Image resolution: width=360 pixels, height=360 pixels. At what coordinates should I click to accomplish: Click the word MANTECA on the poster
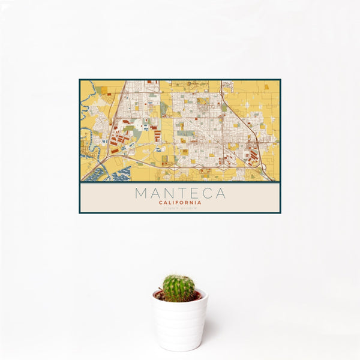tap(180, 193)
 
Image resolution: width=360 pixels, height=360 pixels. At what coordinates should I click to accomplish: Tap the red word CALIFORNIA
tap(180, 203)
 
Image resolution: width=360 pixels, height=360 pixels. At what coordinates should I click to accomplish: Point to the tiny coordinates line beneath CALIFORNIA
tap(180, 208)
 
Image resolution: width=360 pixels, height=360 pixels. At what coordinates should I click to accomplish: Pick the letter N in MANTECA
tap(168, 193)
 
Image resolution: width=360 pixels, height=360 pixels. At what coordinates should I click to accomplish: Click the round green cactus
tap(179, 288)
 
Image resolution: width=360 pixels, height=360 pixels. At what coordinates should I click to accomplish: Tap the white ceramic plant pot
tap(179, 321)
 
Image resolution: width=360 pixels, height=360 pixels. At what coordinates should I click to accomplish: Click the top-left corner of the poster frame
tap(80, 79)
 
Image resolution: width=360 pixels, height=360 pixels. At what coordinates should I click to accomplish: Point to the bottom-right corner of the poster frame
tap(280, 213)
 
